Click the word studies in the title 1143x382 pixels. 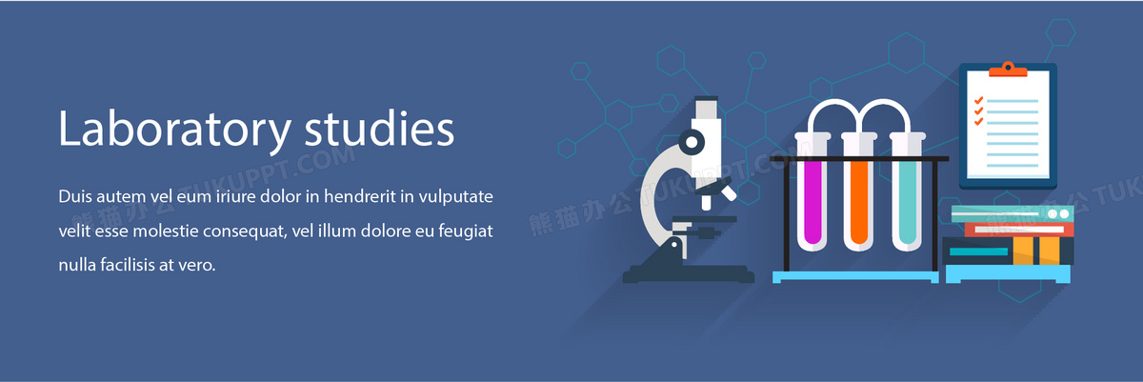tap(379, 128)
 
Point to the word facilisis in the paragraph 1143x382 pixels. tap(128, 265)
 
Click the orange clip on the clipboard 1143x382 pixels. tap(1008, 70)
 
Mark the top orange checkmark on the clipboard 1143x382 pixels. tap(979, 100)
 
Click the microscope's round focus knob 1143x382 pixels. tap(692, 142)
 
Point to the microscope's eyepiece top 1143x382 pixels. tap(706, 98)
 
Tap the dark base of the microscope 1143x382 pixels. tap(689, 274)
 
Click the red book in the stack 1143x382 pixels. tap(1019, 230)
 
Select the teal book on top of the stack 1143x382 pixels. tap(1013, 213)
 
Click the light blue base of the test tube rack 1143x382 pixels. tap(855, 277)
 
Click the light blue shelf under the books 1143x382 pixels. tap(1008, 273)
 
